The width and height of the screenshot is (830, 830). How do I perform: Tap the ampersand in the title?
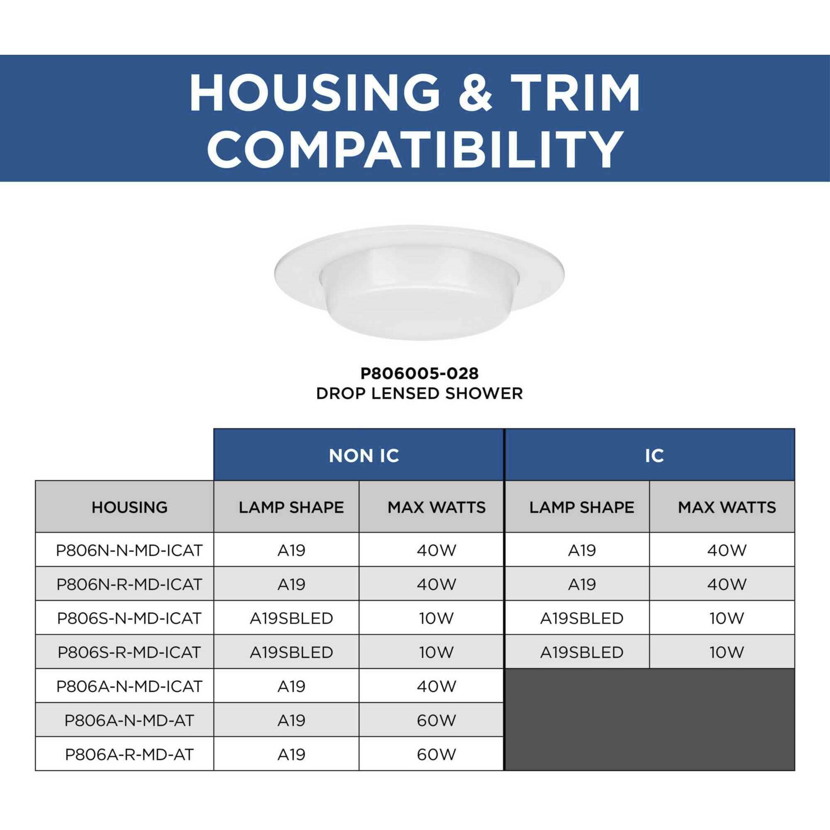pos(475,93)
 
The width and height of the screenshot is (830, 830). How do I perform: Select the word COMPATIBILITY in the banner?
pos(415,149)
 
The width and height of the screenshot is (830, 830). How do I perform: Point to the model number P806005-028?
pos(419,373)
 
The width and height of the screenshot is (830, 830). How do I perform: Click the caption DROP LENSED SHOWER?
pos(419,393)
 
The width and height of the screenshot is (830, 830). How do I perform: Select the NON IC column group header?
pos(364,456)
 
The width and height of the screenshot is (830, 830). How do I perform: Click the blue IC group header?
pos(654,456)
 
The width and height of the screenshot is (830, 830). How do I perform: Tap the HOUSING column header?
pos(129,508)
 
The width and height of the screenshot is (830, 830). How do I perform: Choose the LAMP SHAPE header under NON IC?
pos(291,508)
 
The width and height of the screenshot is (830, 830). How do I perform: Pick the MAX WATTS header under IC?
pos(727,508)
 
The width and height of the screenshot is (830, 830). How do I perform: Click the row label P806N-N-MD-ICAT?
pos(129,550)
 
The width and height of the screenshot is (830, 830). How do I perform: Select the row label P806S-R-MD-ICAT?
pos(129,652)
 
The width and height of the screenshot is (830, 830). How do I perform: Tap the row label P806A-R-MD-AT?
pos(129,754)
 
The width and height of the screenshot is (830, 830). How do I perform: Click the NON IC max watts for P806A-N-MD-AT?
pos(436,720)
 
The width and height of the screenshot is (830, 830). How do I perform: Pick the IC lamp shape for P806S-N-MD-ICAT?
pos(582,618)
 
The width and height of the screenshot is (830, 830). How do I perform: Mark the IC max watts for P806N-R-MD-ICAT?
pos(727,584)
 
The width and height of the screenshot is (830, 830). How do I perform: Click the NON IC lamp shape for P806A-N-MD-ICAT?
pos(291,686)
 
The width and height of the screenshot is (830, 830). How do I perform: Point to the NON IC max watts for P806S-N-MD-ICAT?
pos(436,618)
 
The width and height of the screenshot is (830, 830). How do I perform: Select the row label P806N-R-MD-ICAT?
pos(129,584)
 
